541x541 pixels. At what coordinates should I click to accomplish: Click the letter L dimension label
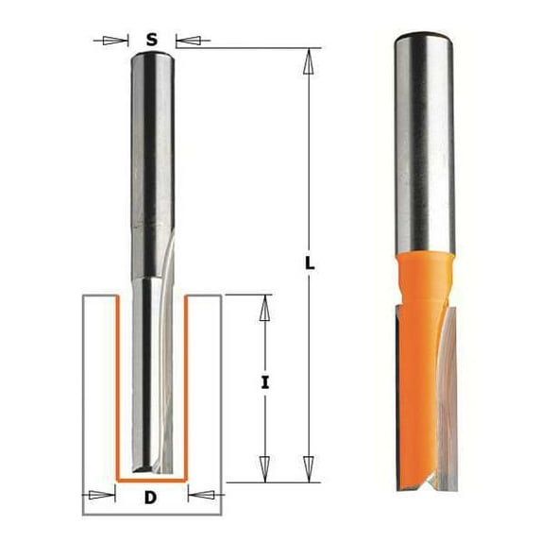[310, 263]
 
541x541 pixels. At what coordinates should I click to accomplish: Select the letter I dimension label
[265, 382]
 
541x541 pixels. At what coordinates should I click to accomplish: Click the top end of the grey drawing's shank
[151, 55]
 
